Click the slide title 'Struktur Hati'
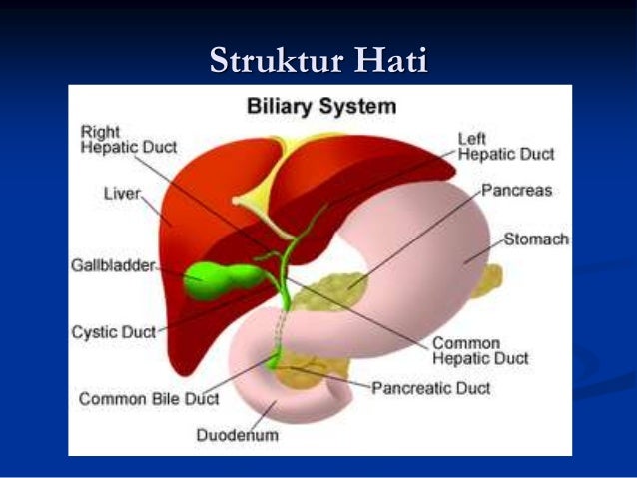pyautogui.click(x=318, y=60)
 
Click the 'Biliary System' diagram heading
pyautogui.click(x=321, y=106)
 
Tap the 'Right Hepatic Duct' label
pyautogui.click(x=128, y=139)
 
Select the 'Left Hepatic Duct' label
pyautogui.click(x=505, y=147)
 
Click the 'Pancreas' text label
pyautogui.click(x=516, y=189)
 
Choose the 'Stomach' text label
pyautogui.click(x=536, y=239)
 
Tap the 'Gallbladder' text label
pyautogui.click(x=113, y=265)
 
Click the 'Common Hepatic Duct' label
pyautogui.click(x=480, y=350)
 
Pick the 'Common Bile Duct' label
pyautogui.click(x=149, y=398)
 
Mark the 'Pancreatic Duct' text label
pyautogui.click(x=431, y=388)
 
